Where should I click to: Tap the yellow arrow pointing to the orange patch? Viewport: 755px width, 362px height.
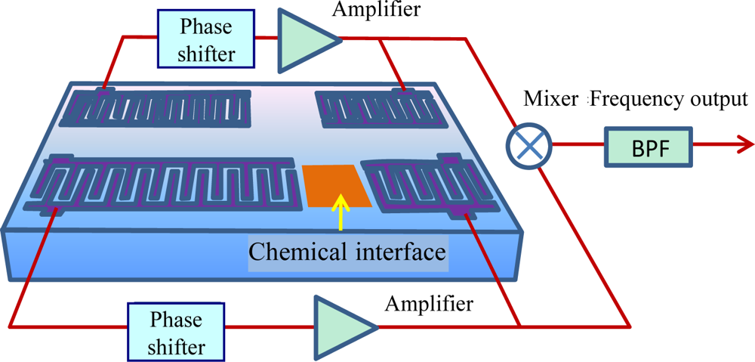[341, 211]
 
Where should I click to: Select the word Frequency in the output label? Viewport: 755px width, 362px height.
[631, 99]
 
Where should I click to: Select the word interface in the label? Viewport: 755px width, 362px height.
[400, 250]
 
